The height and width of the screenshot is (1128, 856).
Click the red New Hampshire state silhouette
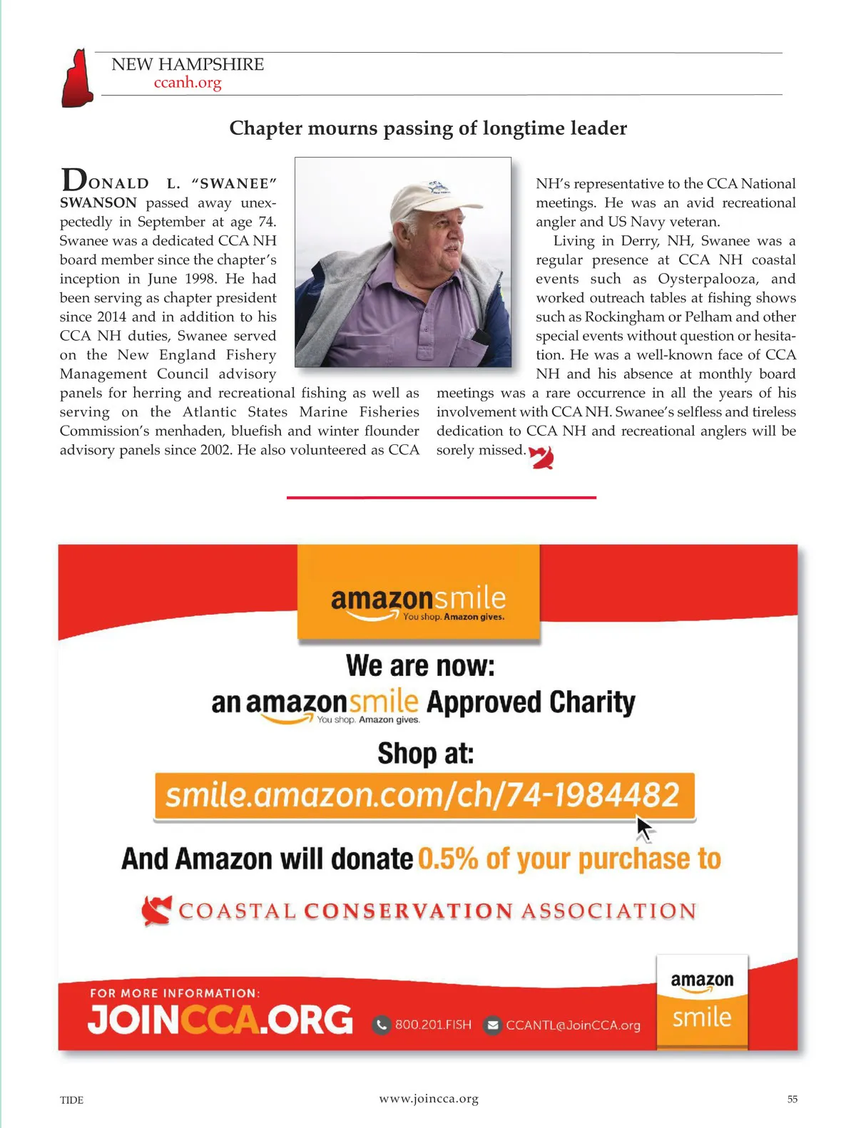[78, 78]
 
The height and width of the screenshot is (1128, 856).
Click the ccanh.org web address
[188, 83]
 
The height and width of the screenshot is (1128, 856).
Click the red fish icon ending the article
[542, 457]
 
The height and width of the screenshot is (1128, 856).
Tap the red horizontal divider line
[441, 497]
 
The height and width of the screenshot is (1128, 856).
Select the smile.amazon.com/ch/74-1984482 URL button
[424, 795]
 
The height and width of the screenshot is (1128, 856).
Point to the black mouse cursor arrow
[644, 829]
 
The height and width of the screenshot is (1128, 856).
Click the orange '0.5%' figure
[447, 859]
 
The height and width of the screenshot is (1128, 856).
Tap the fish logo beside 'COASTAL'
[156, 911]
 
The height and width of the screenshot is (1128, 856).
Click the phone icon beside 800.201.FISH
[382, 1025]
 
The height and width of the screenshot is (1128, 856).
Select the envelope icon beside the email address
[492, 1025]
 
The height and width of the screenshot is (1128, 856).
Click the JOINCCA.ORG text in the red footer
[220, 1020]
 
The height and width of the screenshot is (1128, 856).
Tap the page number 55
[792, 1099]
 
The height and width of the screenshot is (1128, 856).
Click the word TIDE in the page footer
[71, 1100]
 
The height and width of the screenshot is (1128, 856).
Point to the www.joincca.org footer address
[429, 1099]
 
